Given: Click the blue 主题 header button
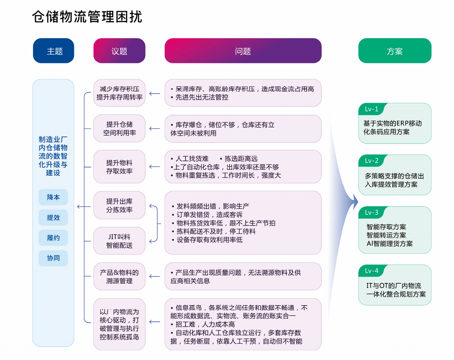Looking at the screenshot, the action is (54, 51).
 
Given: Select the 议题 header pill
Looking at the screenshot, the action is (119, 51).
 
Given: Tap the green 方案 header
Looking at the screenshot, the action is (395, 51).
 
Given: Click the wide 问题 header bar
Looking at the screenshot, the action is (243, 51).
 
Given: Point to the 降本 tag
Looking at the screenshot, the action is (53, 197).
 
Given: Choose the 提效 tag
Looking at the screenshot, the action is (53, 217).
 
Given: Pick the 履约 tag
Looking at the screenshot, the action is (53, 238).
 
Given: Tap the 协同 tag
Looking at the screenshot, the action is (53, 258).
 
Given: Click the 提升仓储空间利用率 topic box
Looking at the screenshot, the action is (119, 128).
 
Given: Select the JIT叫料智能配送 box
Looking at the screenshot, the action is (119, 241).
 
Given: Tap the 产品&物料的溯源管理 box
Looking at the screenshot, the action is (119, 276).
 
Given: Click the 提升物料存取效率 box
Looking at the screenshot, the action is (119, 167).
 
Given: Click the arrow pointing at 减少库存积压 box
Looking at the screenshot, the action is (155, 94).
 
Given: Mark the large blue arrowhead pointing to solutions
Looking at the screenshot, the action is (354, 202).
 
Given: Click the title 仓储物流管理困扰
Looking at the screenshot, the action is (87, 17).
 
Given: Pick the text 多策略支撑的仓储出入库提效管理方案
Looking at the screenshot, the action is (394, 180).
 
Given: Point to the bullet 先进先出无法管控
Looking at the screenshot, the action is (199, 97).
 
